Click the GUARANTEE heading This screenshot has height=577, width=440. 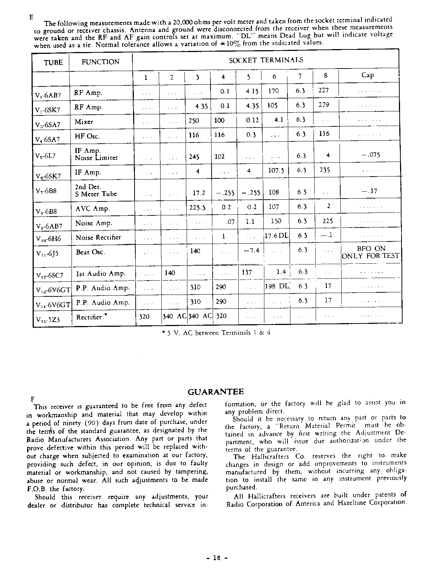[x=216, y=392]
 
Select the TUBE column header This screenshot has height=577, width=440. [x=53, y=62]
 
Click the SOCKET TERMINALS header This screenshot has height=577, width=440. [x=266, y=60]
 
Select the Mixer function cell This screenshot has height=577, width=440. [x=84, y=122]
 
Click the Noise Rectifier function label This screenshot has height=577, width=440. [x=98, y=237]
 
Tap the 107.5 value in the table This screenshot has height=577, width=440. [x=275, y=170]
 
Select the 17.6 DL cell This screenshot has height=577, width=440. [x=276, y=236]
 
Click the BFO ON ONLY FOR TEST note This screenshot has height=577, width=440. [x=370, y=252]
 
